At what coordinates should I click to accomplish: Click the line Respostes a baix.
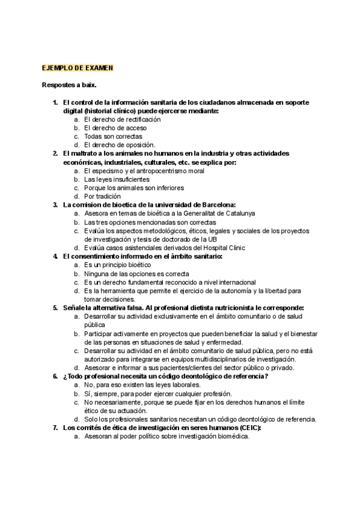[x=69, y=85]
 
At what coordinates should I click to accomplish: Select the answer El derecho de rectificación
[x=123, y=120]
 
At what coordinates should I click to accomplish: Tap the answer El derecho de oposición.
[x=120, y=145]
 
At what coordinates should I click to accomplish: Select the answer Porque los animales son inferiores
[x=133, y=188]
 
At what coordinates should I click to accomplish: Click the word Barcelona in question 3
[x=214, y=204]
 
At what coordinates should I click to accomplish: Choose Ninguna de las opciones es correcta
[x=136, y=273]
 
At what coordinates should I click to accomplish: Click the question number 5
[x=55, y=307]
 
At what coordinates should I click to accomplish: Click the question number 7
[x=55, y=428]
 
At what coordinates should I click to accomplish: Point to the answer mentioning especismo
[x=144, y=171]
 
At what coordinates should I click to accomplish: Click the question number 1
[x=55, y=102]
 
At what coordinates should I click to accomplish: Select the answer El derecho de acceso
[x=115, y=128]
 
